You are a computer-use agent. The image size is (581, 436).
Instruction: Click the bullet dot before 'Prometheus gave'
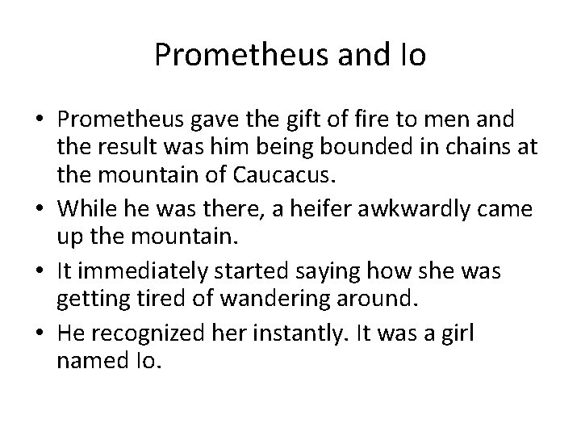40,120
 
